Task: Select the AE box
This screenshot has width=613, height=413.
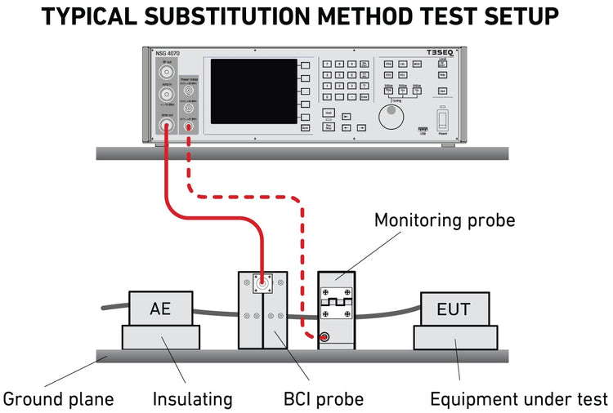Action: (160, 309)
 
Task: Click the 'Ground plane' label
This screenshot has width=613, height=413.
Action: (58, 399)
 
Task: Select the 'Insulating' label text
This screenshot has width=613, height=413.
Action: (192, 399)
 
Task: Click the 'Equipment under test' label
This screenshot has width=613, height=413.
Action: (519, 399)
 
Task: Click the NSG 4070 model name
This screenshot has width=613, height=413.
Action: (167, 54)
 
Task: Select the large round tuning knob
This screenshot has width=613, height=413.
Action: (391, 120)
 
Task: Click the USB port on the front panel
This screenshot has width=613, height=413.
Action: (423, 130)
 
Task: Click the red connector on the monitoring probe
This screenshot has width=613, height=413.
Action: (325, 336)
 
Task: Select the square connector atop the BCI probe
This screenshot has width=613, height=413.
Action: (263, 286)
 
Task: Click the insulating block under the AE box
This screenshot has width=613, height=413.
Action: (160, 336)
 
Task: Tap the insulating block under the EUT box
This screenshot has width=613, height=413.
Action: (456, 336)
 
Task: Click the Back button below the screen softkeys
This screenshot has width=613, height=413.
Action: (305, 128)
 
